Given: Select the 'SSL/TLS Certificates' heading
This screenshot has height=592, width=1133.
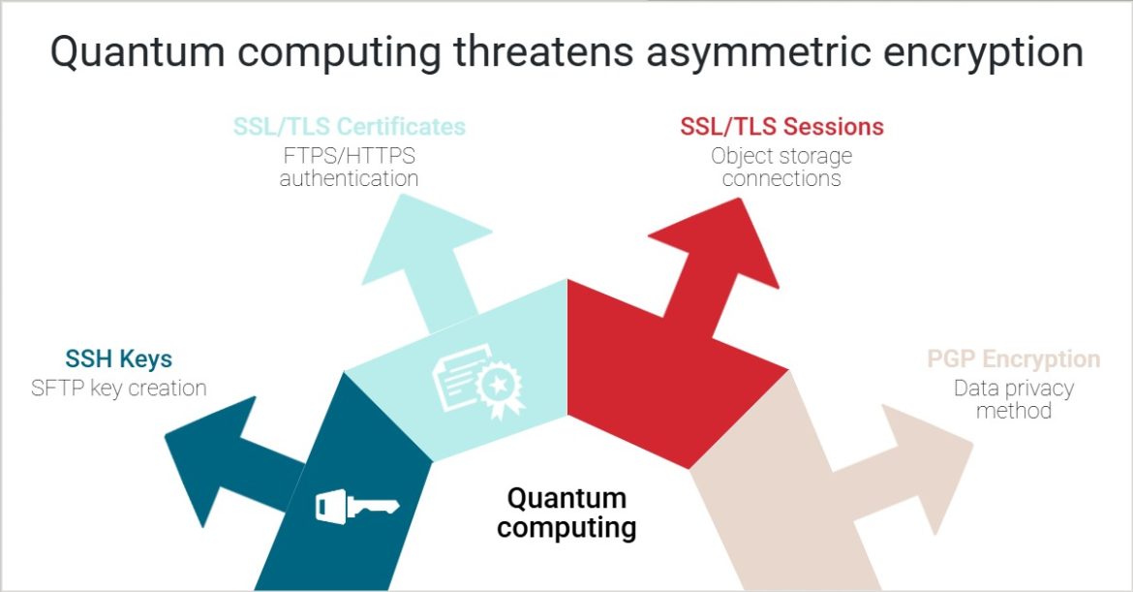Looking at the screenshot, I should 349,127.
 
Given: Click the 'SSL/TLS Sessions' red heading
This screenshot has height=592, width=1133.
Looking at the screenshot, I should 781,127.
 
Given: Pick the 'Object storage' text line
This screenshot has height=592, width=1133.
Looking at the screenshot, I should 781,155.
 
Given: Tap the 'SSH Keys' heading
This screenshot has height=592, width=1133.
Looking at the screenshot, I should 118,359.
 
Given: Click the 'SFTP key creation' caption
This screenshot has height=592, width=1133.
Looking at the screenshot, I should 118,389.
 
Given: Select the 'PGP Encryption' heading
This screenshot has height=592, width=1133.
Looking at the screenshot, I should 1013,359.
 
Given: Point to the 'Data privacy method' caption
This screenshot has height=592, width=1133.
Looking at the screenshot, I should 1013,399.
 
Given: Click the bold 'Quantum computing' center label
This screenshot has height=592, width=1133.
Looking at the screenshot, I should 566,513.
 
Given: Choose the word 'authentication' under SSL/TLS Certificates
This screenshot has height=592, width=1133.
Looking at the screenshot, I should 349,179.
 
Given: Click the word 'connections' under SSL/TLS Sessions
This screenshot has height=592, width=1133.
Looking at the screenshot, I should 781,179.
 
